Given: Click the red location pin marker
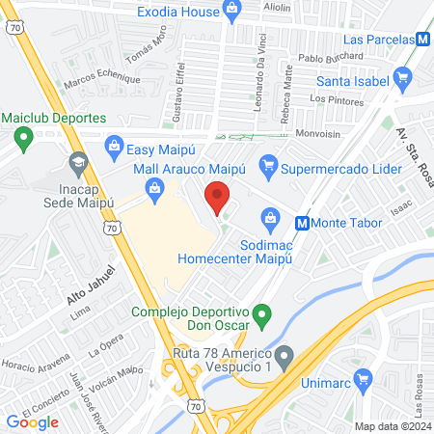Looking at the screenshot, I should (217, 198).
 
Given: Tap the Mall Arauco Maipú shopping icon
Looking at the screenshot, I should (154, 189).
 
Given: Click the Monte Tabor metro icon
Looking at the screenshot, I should (302, 223).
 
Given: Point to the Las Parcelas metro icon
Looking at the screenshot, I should (422, 40).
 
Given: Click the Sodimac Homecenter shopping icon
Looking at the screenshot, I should (272, 221).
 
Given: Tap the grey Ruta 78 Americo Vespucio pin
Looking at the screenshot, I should (284, 359).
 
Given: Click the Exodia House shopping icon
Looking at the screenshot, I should (231, 11).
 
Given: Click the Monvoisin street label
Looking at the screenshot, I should (319, 133).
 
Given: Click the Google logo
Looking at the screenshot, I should (33, 421).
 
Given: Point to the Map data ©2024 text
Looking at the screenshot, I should (392, 426).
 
